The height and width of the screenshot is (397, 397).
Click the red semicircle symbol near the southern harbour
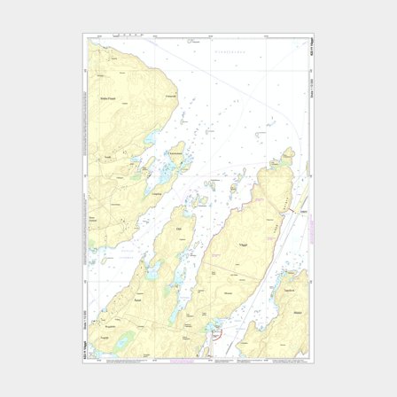pyautogui.click(x=215, y=336)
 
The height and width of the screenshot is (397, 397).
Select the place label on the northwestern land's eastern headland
pyautogui.click(x=170, y=96)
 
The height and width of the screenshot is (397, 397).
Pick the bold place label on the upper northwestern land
pyautogui.click(x=109, y=98)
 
